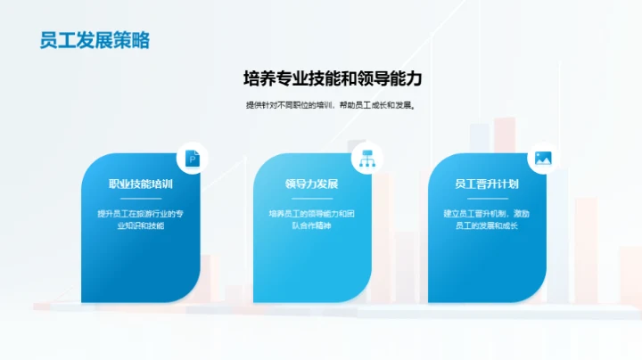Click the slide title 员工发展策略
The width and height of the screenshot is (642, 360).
[95, 40]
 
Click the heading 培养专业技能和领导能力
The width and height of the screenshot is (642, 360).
[333, 78]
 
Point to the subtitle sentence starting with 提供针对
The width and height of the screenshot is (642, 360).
[332, 105]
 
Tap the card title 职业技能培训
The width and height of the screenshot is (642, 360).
[140, 184]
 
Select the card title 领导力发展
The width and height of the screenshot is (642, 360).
[312, 184]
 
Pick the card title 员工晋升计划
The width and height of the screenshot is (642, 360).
[486, 184]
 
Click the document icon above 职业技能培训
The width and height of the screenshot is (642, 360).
[192, 159]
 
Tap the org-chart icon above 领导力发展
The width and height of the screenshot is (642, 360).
[365, 159]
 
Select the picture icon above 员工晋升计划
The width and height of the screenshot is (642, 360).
[541, 159]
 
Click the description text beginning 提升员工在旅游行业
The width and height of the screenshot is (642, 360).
[140, 220]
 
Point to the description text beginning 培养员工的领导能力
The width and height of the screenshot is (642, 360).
[312, 220]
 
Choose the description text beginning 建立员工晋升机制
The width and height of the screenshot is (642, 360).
[486, 220]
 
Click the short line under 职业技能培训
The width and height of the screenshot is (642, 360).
[140, 199]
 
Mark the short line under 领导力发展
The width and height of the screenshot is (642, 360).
[312, 199]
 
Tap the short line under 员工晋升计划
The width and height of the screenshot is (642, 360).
[486, 199]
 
